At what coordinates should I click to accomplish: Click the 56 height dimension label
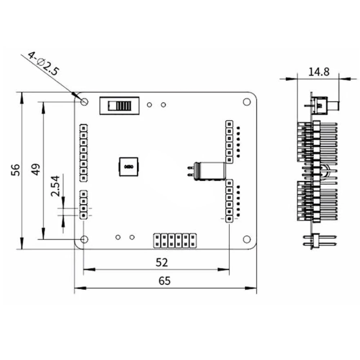pos(15,170)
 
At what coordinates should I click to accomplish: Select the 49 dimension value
pos(36,170)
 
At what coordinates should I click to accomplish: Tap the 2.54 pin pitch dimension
pos(55,186)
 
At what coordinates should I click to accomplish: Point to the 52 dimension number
pos(162,262)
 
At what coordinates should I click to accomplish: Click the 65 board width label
pos(165,281)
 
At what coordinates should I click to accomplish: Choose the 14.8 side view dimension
pos(319,72)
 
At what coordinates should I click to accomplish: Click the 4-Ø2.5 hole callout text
pos(44,64)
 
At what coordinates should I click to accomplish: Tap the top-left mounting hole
pos(85,102)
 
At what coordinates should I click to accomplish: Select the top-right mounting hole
pos(247,102)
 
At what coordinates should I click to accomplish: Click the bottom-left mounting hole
pos(85,239)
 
